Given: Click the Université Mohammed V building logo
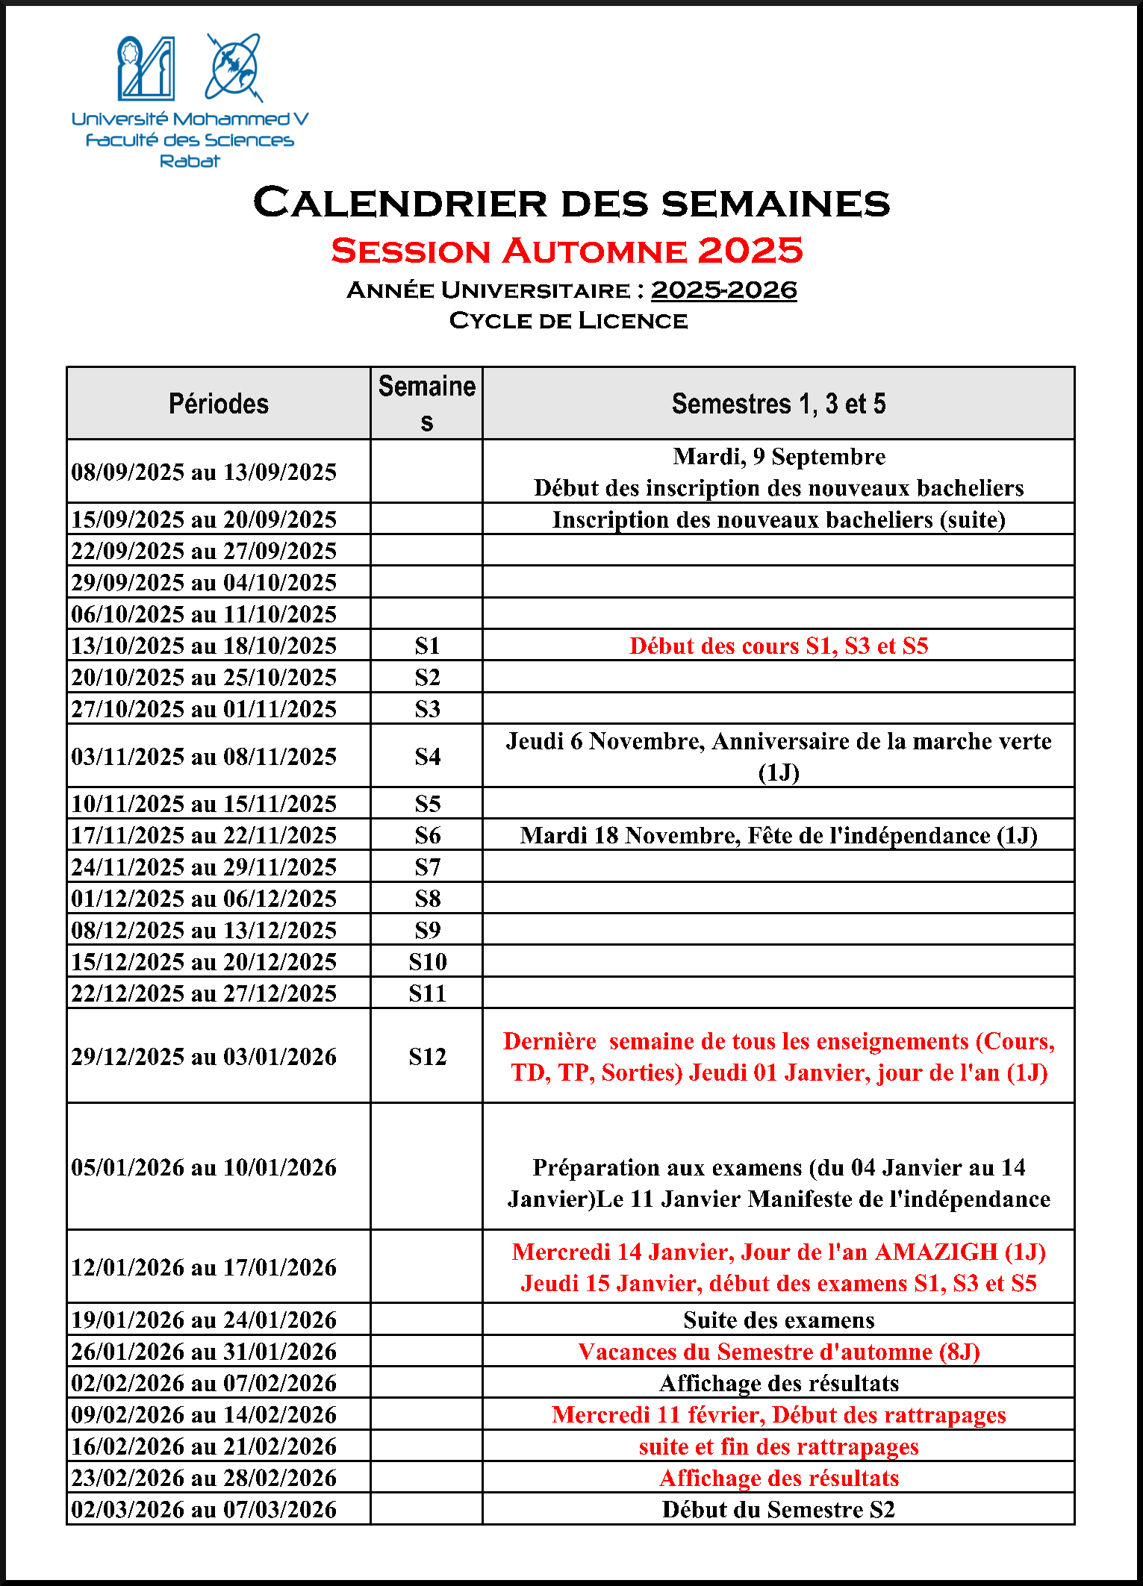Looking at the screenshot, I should pyautogui.click(x=146, y=68).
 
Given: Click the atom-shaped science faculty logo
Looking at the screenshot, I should pyautogui.click(x=234, y=67).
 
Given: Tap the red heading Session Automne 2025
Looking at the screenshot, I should pyautogui.click(x=567, y=251).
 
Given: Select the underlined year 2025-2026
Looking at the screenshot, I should pyautogui.click(x=723, y=290).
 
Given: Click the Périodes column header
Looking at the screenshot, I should pyautogui.click(x=218, y=404).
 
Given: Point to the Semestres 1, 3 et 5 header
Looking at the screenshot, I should pyautogui.click(x=778, y=404).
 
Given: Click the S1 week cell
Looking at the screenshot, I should pyautogui.click(x=427, y=646).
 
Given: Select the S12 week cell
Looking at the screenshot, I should pyautogui.click(x=427, y=1056).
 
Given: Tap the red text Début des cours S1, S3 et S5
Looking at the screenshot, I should pyautogui.click(x=778, y=646).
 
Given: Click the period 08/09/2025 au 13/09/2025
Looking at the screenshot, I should pyautogui.click(x=204, y=472).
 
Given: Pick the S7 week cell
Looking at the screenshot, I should pyautogui.click(x=427, y=867).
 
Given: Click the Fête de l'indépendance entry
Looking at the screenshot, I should pyautogui.click(x=778, y=835).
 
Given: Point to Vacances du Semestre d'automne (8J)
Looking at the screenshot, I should pyautogui.click(x=778, y=1352).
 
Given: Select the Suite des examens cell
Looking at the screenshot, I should pyautogui.click(x=778, y=1320).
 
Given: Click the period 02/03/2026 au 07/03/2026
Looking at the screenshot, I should pyautogui.click(x=204, y=1509).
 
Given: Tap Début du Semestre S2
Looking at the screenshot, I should pyautogui.click(x=778, y=1509).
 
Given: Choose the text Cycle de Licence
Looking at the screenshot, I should pyautogui.click(x=568, y=320).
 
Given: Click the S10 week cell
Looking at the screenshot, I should pyautogui.click(x=427, y=961).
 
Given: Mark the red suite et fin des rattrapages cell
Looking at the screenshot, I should pyautogui.click(x=778, y=1446).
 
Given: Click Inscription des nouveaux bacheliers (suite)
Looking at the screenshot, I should pyautogui.click(x=778, y=519).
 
